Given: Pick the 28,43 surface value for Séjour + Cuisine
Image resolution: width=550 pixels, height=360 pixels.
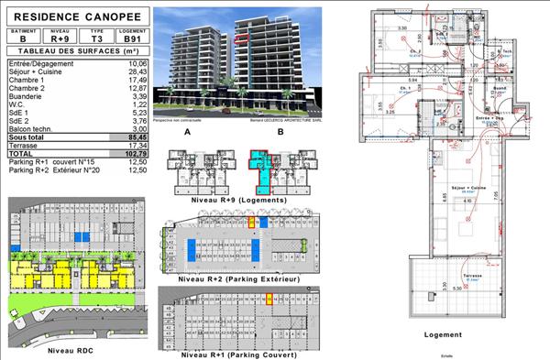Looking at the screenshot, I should point(136,71).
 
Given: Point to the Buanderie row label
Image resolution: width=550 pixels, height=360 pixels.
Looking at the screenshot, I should point(27,95).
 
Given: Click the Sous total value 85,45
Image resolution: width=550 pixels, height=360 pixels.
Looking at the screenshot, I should point(135,136).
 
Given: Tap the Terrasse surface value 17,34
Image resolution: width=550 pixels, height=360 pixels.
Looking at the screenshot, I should point(136,145).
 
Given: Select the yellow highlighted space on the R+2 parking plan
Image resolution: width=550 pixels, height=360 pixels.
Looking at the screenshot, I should point(251,222).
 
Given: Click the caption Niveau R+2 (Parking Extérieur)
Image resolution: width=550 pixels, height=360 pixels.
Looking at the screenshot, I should point(238,278).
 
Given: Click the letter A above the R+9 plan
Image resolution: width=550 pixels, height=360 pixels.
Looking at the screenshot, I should point(187,133).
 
